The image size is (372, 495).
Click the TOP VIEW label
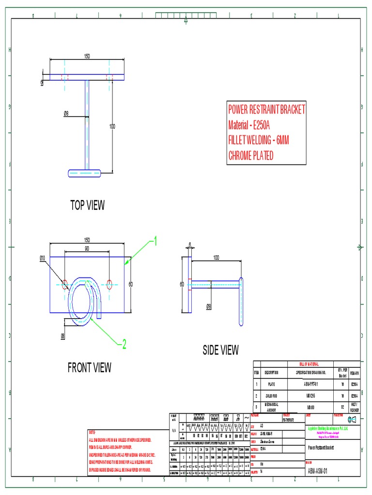pyautogui.click(x=87, y=205)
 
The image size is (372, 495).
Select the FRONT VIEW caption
pyautogui.click(x=89, y=368)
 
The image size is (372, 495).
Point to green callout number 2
pyautogui.click(x=124, y=344)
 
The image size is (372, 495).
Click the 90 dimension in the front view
pyautogui.click(x=87, y=248)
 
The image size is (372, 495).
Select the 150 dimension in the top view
pyautogui.click(x=87, y=57)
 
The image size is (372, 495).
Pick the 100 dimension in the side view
pyautogui.click(x=216, y=258)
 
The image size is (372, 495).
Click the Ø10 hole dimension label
pyautogui.click(x=42, y=258)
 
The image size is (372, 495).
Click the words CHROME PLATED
pyautogui.click(x=251, y=155)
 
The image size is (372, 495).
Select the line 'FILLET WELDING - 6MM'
pyautogui.click(x=259, y=140)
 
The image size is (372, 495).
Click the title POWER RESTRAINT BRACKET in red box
pyautogui.click(x=267, y=110)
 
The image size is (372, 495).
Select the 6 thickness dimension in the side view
pyautogui.click(x=190, y=245)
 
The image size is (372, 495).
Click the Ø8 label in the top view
pyautogui.click(x=66, y=114)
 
